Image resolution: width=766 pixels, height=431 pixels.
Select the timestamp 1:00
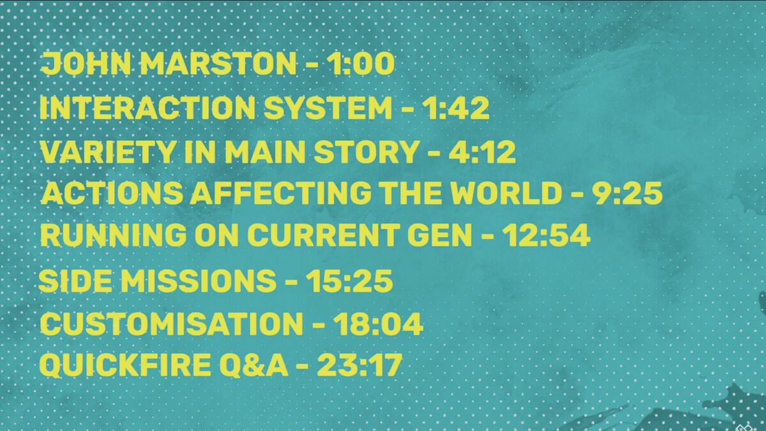[x=361, y=64]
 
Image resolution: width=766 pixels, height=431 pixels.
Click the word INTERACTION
[x=147, y=108]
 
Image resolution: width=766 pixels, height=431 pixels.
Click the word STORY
[x=365, y=151]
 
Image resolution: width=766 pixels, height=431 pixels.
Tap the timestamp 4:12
[x=482, y=151]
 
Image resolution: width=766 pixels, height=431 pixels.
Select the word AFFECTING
[x=280, y=193]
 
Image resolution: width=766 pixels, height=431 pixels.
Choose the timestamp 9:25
[x=627, y=193]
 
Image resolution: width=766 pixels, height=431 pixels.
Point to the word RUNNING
[x=114, y=235]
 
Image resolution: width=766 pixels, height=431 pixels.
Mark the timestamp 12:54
[x=546, y=235]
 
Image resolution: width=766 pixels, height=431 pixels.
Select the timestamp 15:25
[x=349, y=281]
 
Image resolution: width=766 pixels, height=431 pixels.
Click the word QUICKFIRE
[x=125, y=365]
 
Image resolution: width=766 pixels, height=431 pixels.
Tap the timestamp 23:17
[x=359, y=365]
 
